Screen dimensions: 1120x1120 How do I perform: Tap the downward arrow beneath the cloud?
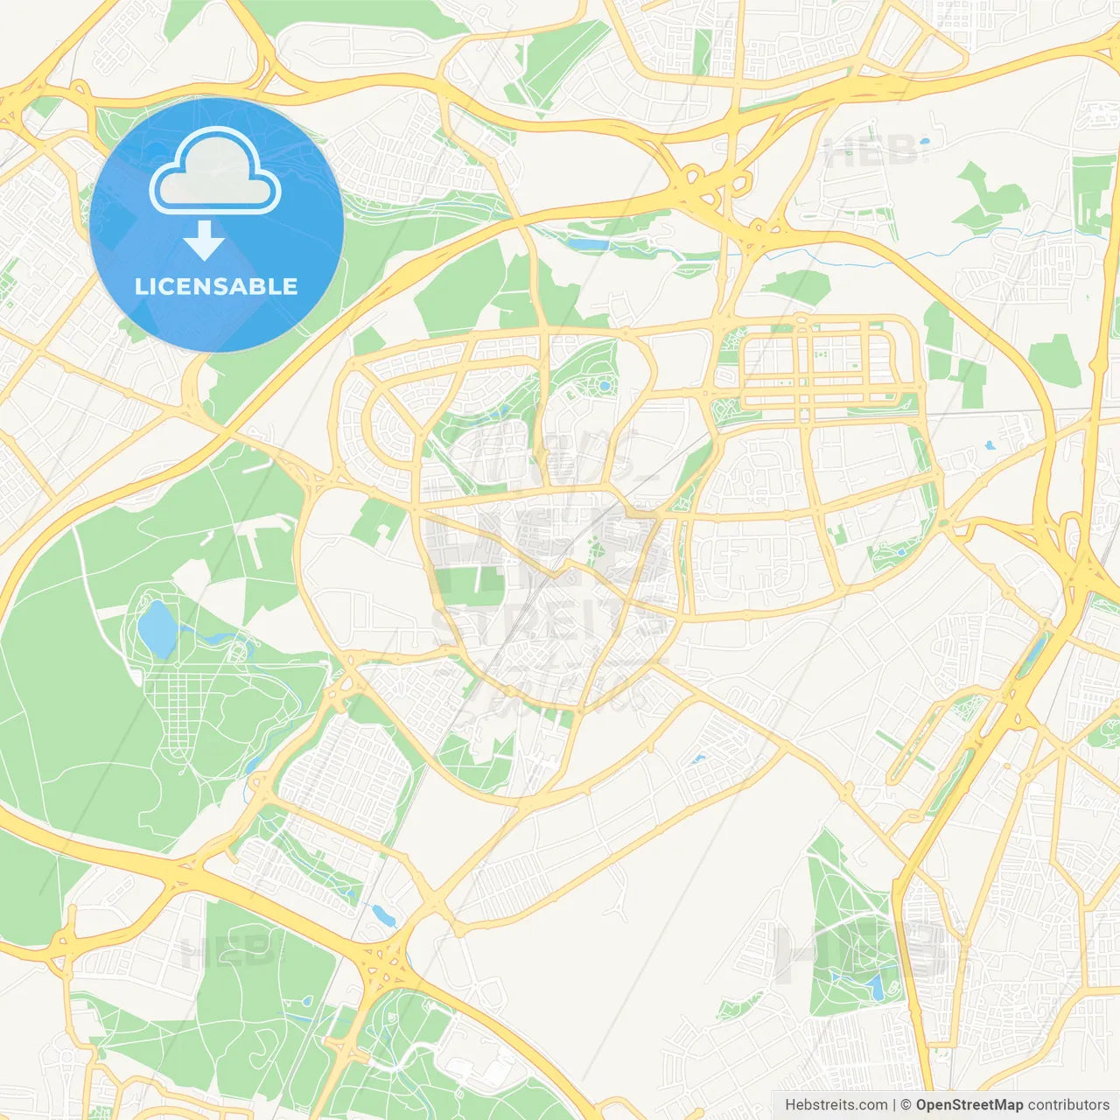point(205,241)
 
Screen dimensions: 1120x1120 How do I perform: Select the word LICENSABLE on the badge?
point(216,286)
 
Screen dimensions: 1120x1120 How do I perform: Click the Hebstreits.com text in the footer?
point(836,1105)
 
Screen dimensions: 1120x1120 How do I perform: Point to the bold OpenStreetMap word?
point(969,1105)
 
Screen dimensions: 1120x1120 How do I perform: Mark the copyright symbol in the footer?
point(906,1105)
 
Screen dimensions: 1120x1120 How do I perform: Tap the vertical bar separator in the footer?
point(894,1105)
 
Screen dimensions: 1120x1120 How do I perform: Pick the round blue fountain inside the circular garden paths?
point(604,386)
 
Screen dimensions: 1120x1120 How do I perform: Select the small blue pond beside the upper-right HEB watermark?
point(923,140)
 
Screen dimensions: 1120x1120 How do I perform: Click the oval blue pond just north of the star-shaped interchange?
point(382,915)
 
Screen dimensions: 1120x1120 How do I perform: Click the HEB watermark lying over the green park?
point(232,952)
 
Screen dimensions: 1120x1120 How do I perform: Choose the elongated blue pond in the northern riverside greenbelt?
point(588,244)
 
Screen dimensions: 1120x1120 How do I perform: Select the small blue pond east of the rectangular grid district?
point(990,445)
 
